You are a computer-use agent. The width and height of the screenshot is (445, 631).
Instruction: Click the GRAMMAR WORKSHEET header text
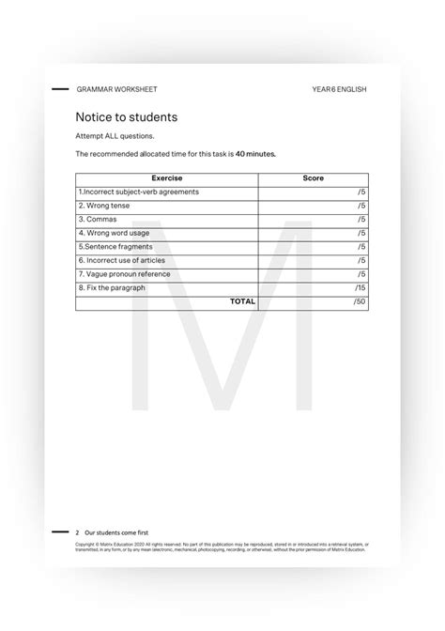(x=117, y=89)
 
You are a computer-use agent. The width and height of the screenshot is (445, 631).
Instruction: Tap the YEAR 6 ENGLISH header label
(x=339, y=89)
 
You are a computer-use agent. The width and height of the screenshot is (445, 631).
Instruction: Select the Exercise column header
(x=166, y=178)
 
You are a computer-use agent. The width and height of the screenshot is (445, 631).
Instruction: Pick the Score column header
(x=314, y=178)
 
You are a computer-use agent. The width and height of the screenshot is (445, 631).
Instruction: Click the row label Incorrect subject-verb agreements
(x=139, y=192)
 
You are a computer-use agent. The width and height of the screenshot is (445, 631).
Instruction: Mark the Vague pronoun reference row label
(x=125, y=274)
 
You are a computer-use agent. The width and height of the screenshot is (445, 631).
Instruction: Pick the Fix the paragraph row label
(x=112, y=287)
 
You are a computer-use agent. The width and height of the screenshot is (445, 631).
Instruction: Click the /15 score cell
(x=360, y=287)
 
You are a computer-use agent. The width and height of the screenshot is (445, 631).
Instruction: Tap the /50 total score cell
(x=360, y=302)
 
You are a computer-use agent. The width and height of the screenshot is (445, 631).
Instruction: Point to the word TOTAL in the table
(x=242, y=302)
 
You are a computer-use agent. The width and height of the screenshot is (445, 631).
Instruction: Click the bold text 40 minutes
(x=255, y=152)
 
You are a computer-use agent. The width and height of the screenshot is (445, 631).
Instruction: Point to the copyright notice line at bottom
(x=222, y=546)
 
